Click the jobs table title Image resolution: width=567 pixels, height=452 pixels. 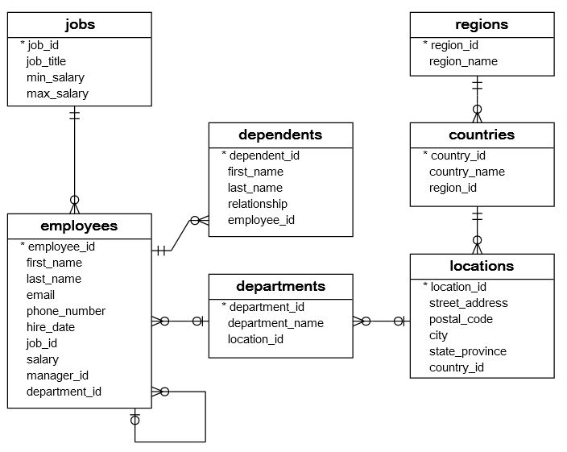pos(79,24)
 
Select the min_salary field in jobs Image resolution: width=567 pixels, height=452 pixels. pos(55,77)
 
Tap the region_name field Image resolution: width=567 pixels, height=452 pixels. pos(463,61)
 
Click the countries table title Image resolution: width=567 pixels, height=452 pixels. pos(482,135)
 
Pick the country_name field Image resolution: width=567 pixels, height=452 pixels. pos(467,172)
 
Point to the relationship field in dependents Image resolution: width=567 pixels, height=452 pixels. pos(257,204)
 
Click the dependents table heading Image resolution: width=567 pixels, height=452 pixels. pos(280,135)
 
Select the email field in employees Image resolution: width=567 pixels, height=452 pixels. pos(40,295)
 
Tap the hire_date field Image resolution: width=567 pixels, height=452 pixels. pos(50,327)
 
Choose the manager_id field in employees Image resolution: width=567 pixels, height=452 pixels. pos(57,375)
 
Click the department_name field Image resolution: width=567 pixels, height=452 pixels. pos(275,323)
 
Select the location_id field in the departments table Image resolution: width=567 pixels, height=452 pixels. pos(255,339)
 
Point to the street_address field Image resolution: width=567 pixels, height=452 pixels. pos(469,303)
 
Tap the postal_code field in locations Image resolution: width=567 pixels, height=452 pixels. pos(461,319)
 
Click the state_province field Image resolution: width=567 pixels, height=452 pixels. pos(468,351)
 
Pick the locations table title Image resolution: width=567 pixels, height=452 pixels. pos(482,266)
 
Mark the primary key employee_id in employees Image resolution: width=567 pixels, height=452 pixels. pos(61,247)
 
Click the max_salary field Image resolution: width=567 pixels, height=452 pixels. pos(56,93)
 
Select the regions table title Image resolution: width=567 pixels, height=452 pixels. pos(482,24)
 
